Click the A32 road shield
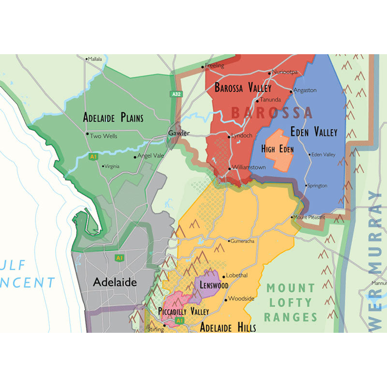click(177, 94)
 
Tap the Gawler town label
click(179, 133)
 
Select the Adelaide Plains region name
click(113, 117)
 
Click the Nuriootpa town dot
click(270, 73)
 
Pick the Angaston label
click(305, 90)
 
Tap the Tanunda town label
click(270, 100)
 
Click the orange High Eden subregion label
click(277, 149)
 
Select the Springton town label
click(317, 185)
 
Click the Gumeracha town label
click(242, 240)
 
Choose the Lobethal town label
click(237, 275)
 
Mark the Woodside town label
click(241, 298)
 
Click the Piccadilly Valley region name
click(183, 311)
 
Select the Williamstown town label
click(249, 167)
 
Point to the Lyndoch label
click(242, 136)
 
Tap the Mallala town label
click(95, 59)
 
